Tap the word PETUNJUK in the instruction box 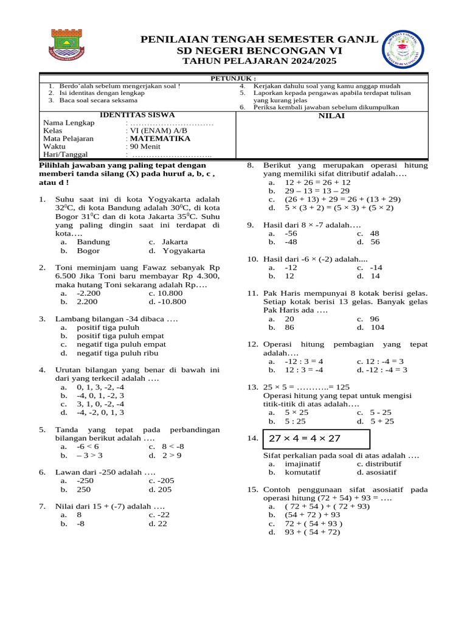pos(233,78)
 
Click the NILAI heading pos(331,116)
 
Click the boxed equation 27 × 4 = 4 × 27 pos(316,439)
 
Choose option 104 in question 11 pos(377,327)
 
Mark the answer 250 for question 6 pos(84,489)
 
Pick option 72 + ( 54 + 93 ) pos(313,523)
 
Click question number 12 pos(252,344)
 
